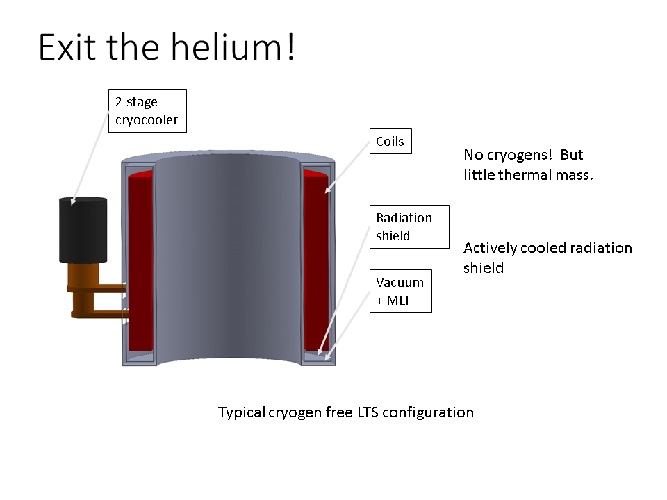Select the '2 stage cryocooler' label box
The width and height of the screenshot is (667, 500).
(x=147, y=111)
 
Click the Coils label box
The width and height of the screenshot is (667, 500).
(x=390, y=142)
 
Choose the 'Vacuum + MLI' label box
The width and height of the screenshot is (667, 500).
(x=400, y=291)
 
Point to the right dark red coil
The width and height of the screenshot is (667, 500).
(x=316, y=260)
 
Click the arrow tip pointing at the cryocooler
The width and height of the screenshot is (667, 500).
(x=73, y=203)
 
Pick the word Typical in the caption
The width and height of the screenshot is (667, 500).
(x=240, y=412)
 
